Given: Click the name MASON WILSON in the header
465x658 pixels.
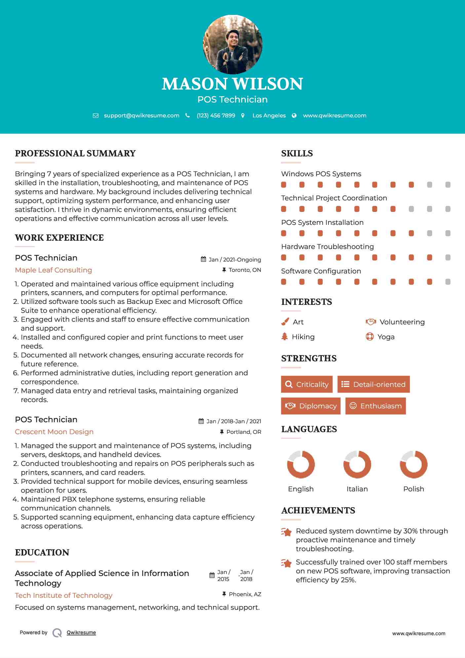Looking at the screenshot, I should coord(232,84).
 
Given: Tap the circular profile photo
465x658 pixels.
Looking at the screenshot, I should coord(232,44).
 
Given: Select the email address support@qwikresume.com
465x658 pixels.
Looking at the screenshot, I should coord(141,115).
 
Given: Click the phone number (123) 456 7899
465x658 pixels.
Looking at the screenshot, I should coord(216,115).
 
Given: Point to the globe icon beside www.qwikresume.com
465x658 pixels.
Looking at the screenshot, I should coord(294,115).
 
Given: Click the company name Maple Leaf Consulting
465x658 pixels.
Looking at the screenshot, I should coord(54,270).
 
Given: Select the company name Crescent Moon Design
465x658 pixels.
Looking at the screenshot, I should coord(54,432).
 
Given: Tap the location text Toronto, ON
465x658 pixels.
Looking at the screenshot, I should coord(245,270).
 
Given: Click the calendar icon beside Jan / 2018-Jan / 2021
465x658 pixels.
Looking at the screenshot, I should coord(201,421).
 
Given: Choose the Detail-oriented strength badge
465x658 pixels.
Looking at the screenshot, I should coord(373,384).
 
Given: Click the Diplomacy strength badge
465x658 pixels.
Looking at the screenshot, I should coord(311,406).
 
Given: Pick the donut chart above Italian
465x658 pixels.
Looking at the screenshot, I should coord(357,464).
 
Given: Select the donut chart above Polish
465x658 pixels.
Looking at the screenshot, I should coord(413,464).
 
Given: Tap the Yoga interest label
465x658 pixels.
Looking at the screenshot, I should coord(386,337).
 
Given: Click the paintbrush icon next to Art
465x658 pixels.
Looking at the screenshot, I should coord(285,322).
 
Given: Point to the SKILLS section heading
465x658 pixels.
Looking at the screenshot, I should coord(297,153).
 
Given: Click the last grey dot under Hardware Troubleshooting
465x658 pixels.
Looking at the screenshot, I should coord(448,258).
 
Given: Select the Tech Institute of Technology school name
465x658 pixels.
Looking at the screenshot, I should coord(64,596).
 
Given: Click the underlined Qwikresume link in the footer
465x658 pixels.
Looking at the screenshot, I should coord(81,633).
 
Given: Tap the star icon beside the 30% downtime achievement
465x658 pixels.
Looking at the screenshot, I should coord(287,532).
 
